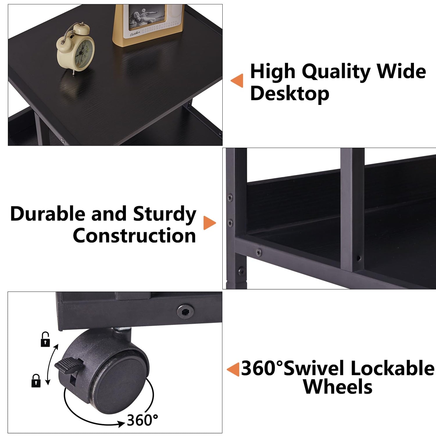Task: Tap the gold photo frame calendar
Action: coord(148,25)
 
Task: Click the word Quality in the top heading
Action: coord(335,72)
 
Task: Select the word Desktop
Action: coord(290,94)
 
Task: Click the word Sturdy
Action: coord(165,215)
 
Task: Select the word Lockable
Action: coord(393,368)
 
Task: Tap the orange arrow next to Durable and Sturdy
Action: coord(209,223)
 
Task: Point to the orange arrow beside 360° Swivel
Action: coord(233,369)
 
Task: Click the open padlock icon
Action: coord(45,339)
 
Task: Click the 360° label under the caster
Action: coord(142,420)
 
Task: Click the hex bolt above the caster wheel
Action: coord(185,311)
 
